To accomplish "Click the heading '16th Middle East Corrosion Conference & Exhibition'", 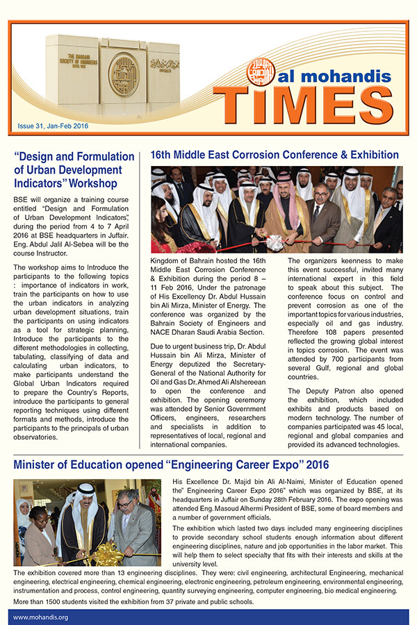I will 275,155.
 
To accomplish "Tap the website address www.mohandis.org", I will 40,616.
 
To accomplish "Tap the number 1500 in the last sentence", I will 57,601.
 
